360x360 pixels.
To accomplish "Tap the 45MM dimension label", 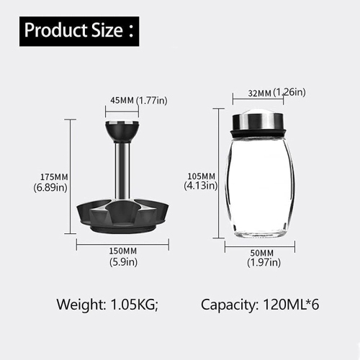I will [x=120, y=101].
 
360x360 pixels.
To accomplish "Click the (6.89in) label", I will [x=50, y=188].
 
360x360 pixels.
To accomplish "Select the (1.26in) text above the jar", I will [x=289, y=92].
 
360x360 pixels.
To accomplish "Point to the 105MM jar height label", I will [x=201, y=176].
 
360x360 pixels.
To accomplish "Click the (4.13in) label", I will [x=201, y=186].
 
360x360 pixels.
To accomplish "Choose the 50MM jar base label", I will [x=261, y=253].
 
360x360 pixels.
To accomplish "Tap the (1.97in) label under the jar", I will [x=261, y=264].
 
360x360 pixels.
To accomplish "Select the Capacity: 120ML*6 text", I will [x=259, y=304].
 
